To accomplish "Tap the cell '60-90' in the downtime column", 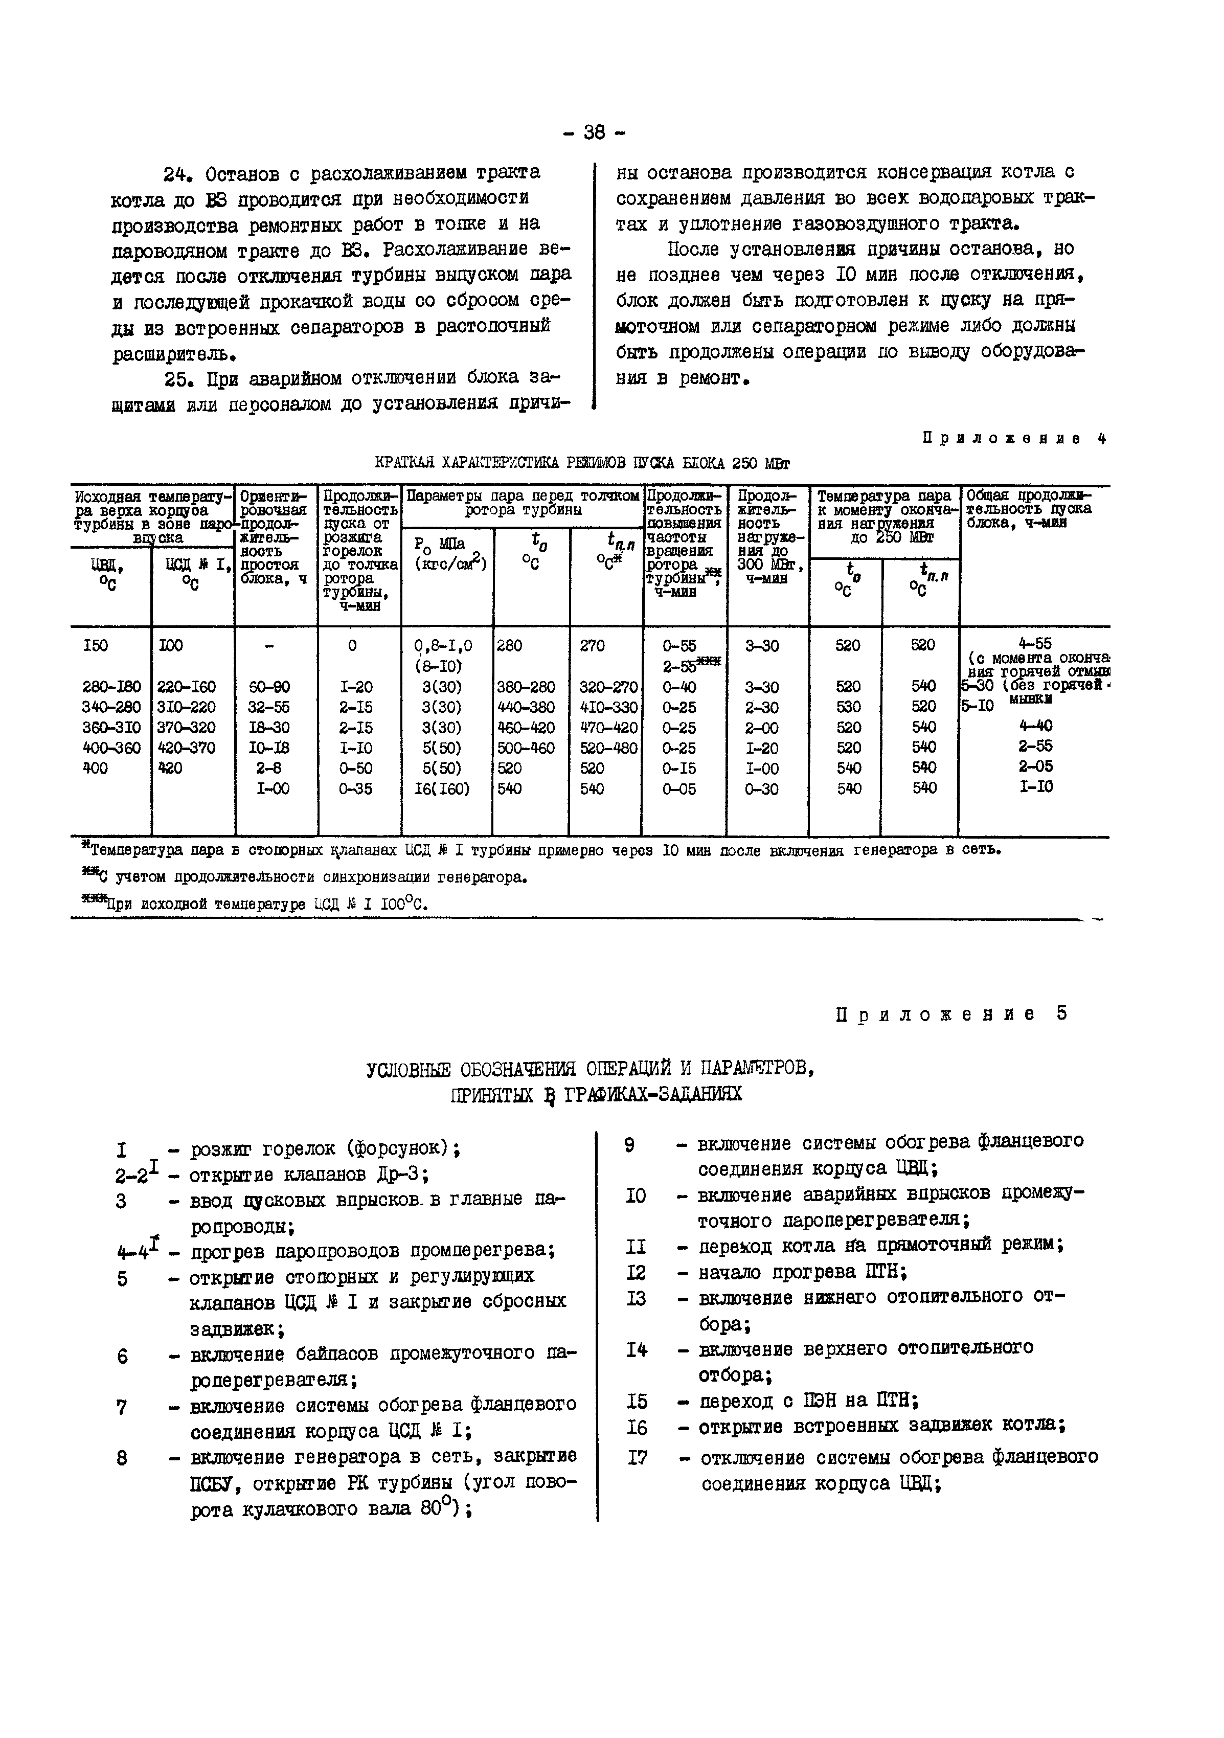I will pyautogui.click(x=269, y=687).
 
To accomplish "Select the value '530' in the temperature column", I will pyautogui.click(x=847, y=707).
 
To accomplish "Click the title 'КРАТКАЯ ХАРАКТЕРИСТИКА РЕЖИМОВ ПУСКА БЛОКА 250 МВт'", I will pyautogui.click(x=582, y=463).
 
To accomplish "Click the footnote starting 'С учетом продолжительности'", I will pyautogui.click(x=307, y=877).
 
